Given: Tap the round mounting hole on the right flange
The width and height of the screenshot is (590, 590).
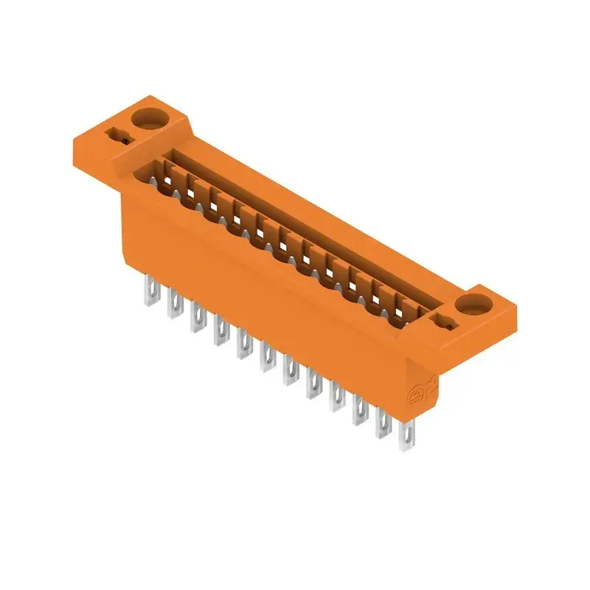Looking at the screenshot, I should coord(472,302).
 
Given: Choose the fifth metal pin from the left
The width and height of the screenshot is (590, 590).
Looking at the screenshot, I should coord(243,344).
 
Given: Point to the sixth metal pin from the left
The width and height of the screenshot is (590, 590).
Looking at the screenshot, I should coord(265,358).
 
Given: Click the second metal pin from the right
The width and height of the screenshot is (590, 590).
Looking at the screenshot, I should coord(382,425).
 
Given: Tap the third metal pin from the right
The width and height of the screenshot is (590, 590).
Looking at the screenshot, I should coord(359,412).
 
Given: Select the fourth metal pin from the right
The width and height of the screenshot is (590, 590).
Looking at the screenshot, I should coord(336,399).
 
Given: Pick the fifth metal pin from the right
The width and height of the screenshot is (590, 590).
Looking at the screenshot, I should coord(313,386).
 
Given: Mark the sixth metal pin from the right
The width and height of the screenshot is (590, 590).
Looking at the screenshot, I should coord(289,372).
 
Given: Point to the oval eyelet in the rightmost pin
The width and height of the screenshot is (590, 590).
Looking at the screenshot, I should coord(405,427).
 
